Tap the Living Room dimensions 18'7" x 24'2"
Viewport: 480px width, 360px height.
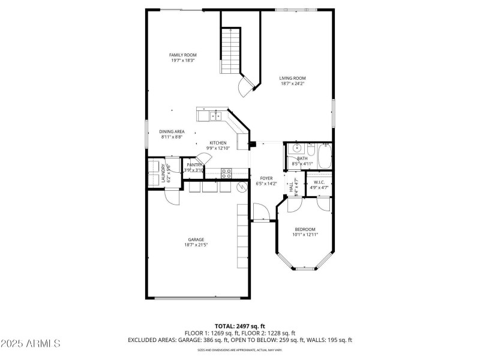[x=293, y=83]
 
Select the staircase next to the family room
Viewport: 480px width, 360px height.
[x=230, y=51]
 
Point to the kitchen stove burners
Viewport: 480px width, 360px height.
[x=226, y=173]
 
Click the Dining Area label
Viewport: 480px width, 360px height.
[x=172, y=131]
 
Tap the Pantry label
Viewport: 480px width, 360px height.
[x=194, y=164]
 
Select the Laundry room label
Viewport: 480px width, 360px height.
[x=163, y=173]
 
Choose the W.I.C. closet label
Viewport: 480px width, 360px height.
[x=318, y=182]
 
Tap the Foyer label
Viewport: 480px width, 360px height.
[x=266, y=178]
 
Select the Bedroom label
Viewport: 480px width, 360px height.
[x=305, y=229]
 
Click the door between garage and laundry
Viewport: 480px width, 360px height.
[x=172, y=197]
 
